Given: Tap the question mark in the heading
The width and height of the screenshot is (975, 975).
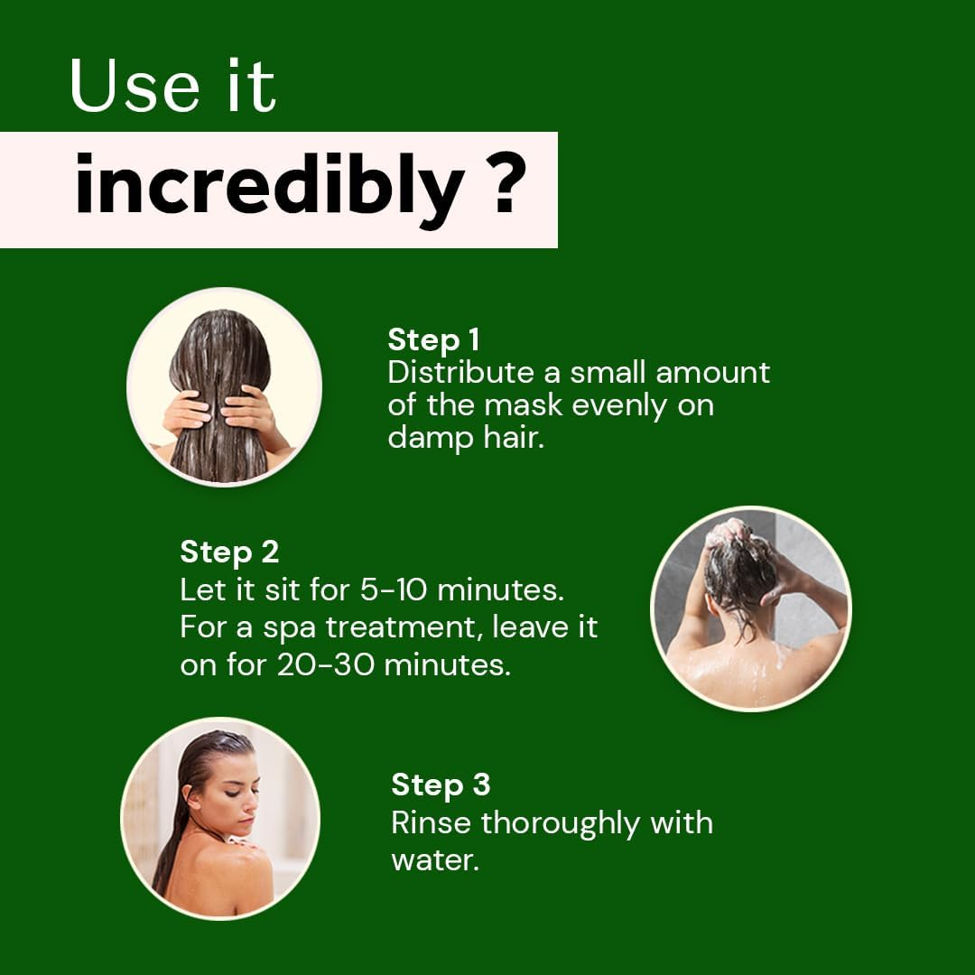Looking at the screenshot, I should [x=508, y=186].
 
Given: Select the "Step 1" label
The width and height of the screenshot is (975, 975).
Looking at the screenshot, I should [x=433, y=340].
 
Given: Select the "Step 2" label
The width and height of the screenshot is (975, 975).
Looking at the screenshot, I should [x=229, y=552].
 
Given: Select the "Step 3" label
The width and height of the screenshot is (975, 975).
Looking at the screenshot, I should [x=441, y=785].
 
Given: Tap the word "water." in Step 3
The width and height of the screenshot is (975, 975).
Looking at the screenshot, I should [x=434, y=859].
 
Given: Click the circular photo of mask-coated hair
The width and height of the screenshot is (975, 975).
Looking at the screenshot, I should [x=224, y=386].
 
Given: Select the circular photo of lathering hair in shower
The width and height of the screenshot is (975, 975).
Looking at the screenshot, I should [x=750, y=608].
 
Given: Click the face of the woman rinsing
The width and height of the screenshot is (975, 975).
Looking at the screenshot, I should [x=233, y=790].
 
